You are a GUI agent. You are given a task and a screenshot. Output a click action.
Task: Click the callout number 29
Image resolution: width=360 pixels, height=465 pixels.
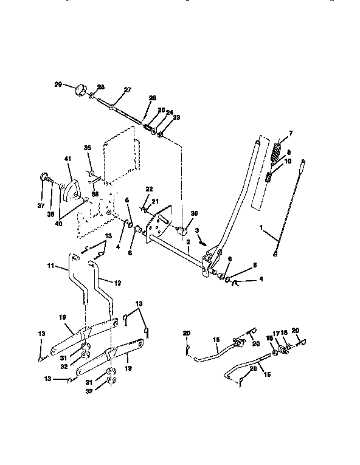58,84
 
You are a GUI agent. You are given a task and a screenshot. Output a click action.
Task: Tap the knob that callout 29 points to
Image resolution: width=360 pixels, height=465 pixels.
80,91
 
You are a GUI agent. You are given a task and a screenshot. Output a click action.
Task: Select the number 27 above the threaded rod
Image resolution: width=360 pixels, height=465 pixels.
128,89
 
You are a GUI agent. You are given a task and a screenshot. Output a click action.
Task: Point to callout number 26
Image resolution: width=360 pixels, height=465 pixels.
152,98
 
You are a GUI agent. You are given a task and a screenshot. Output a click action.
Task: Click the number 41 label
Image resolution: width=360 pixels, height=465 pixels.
67,159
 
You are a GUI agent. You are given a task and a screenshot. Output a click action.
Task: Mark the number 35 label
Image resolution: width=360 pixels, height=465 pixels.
87,148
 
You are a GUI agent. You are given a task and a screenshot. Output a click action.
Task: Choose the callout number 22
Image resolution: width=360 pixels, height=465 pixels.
149,190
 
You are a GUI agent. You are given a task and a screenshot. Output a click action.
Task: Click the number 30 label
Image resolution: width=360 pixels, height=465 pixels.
195,213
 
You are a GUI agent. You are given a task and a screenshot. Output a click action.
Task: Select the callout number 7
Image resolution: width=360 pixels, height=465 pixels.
290,133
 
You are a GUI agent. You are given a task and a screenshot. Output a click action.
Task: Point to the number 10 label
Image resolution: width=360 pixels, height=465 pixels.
288,161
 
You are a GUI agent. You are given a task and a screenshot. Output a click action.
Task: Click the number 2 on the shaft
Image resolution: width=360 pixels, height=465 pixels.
189,242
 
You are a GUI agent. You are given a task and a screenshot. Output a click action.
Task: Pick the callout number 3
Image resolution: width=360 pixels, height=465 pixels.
197,230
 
